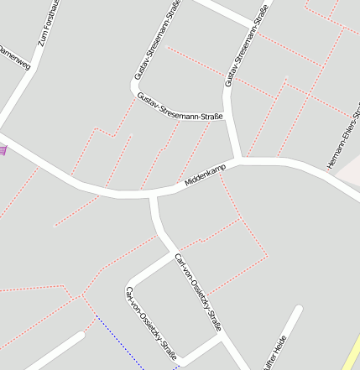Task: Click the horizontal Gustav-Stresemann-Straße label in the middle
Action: pos(180,106)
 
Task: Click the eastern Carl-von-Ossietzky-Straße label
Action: pos(202,294)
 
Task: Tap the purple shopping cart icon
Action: pos(3,150)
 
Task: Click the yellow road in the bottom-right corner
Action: pos(352,352)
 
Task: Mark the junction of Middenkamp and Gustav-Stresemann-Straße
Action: pos(241,159)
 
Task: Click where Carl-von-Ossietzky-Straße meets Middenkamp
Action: pos(154,195)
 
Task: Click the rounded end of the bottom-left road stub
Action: pos(81,336)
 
